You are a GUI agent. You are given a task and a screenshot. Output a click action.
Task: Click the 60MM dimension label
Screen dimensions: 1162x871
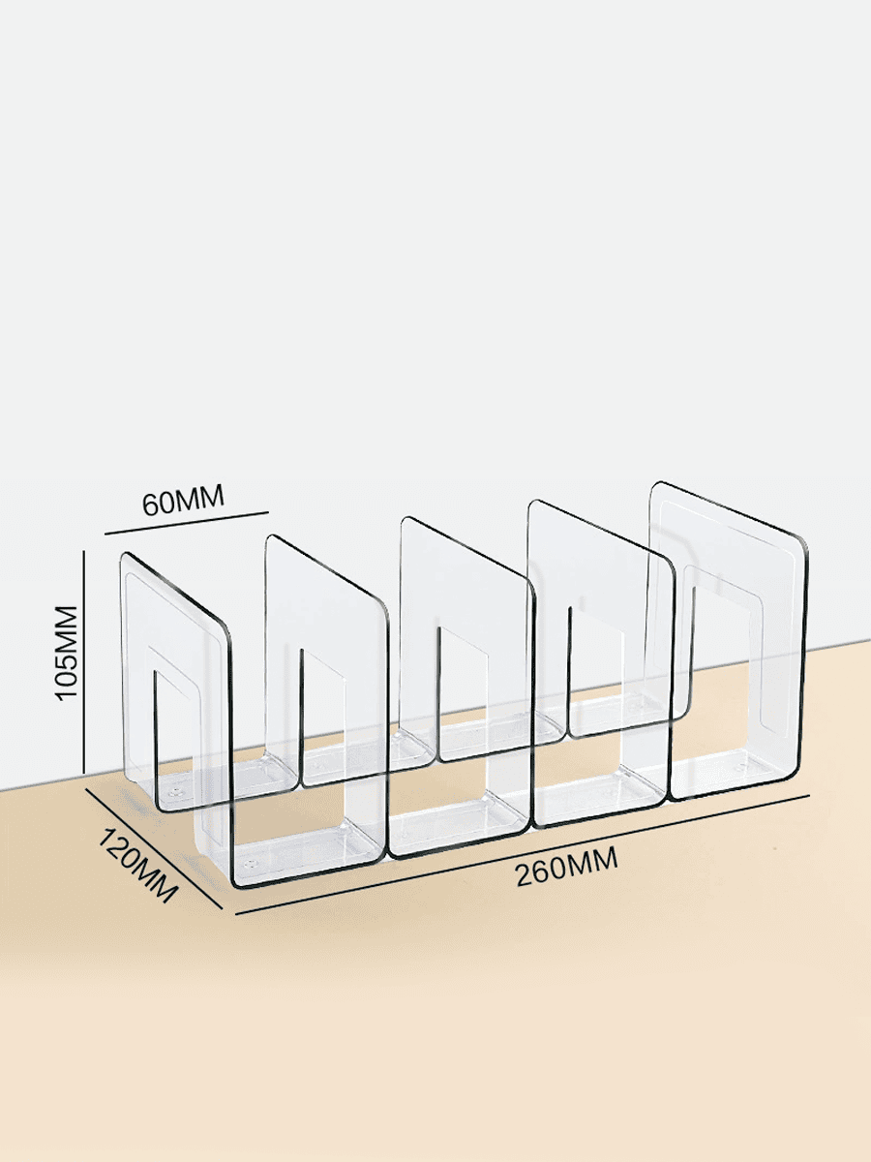click(183, 502)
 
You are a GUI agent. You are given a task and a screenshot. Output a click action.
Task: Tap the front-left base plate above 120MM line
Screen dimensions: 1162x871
click(290, 852)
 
